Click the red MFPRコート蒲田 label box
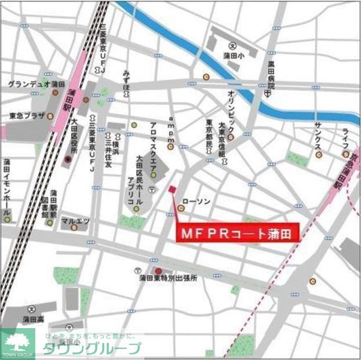237,234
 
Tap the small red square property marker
172,189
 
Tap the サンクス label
318,136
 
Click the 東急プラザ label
27,115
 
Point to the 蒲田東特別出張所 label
168,278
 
